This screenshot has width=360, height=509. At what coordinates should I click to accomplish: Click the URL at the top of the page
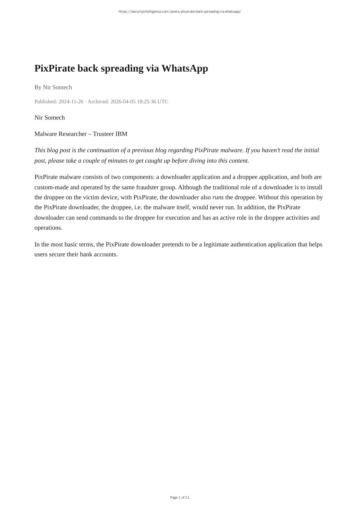pos(180,12)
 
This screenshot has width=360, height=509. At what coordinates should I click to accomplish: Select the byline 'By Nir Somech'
pos(53,87)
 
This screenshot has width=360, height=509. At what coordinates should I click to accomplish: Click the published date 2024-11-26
pos(71,101)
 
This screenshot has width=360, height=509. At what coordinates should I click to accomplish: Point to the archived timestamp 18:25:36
pos(146,101)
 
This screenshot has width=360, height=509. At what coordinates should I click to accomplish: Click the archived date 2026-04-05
pos(123,101)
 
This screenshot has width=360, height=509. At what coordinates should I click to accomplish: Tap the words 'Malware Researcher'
pos(60,134)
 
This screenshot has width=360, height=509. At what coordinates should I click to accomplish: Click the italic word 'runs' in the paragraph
pos(218,197)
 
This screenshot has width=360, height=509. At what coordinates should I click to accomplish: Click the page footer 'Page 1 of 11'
pos(180,497)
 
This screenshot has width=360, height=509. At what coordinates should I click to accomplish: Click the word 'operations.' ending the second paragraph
pos(48,228)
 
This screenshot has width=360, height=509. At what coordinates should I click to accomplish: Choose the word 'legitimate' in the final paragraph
pos(216,244)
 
